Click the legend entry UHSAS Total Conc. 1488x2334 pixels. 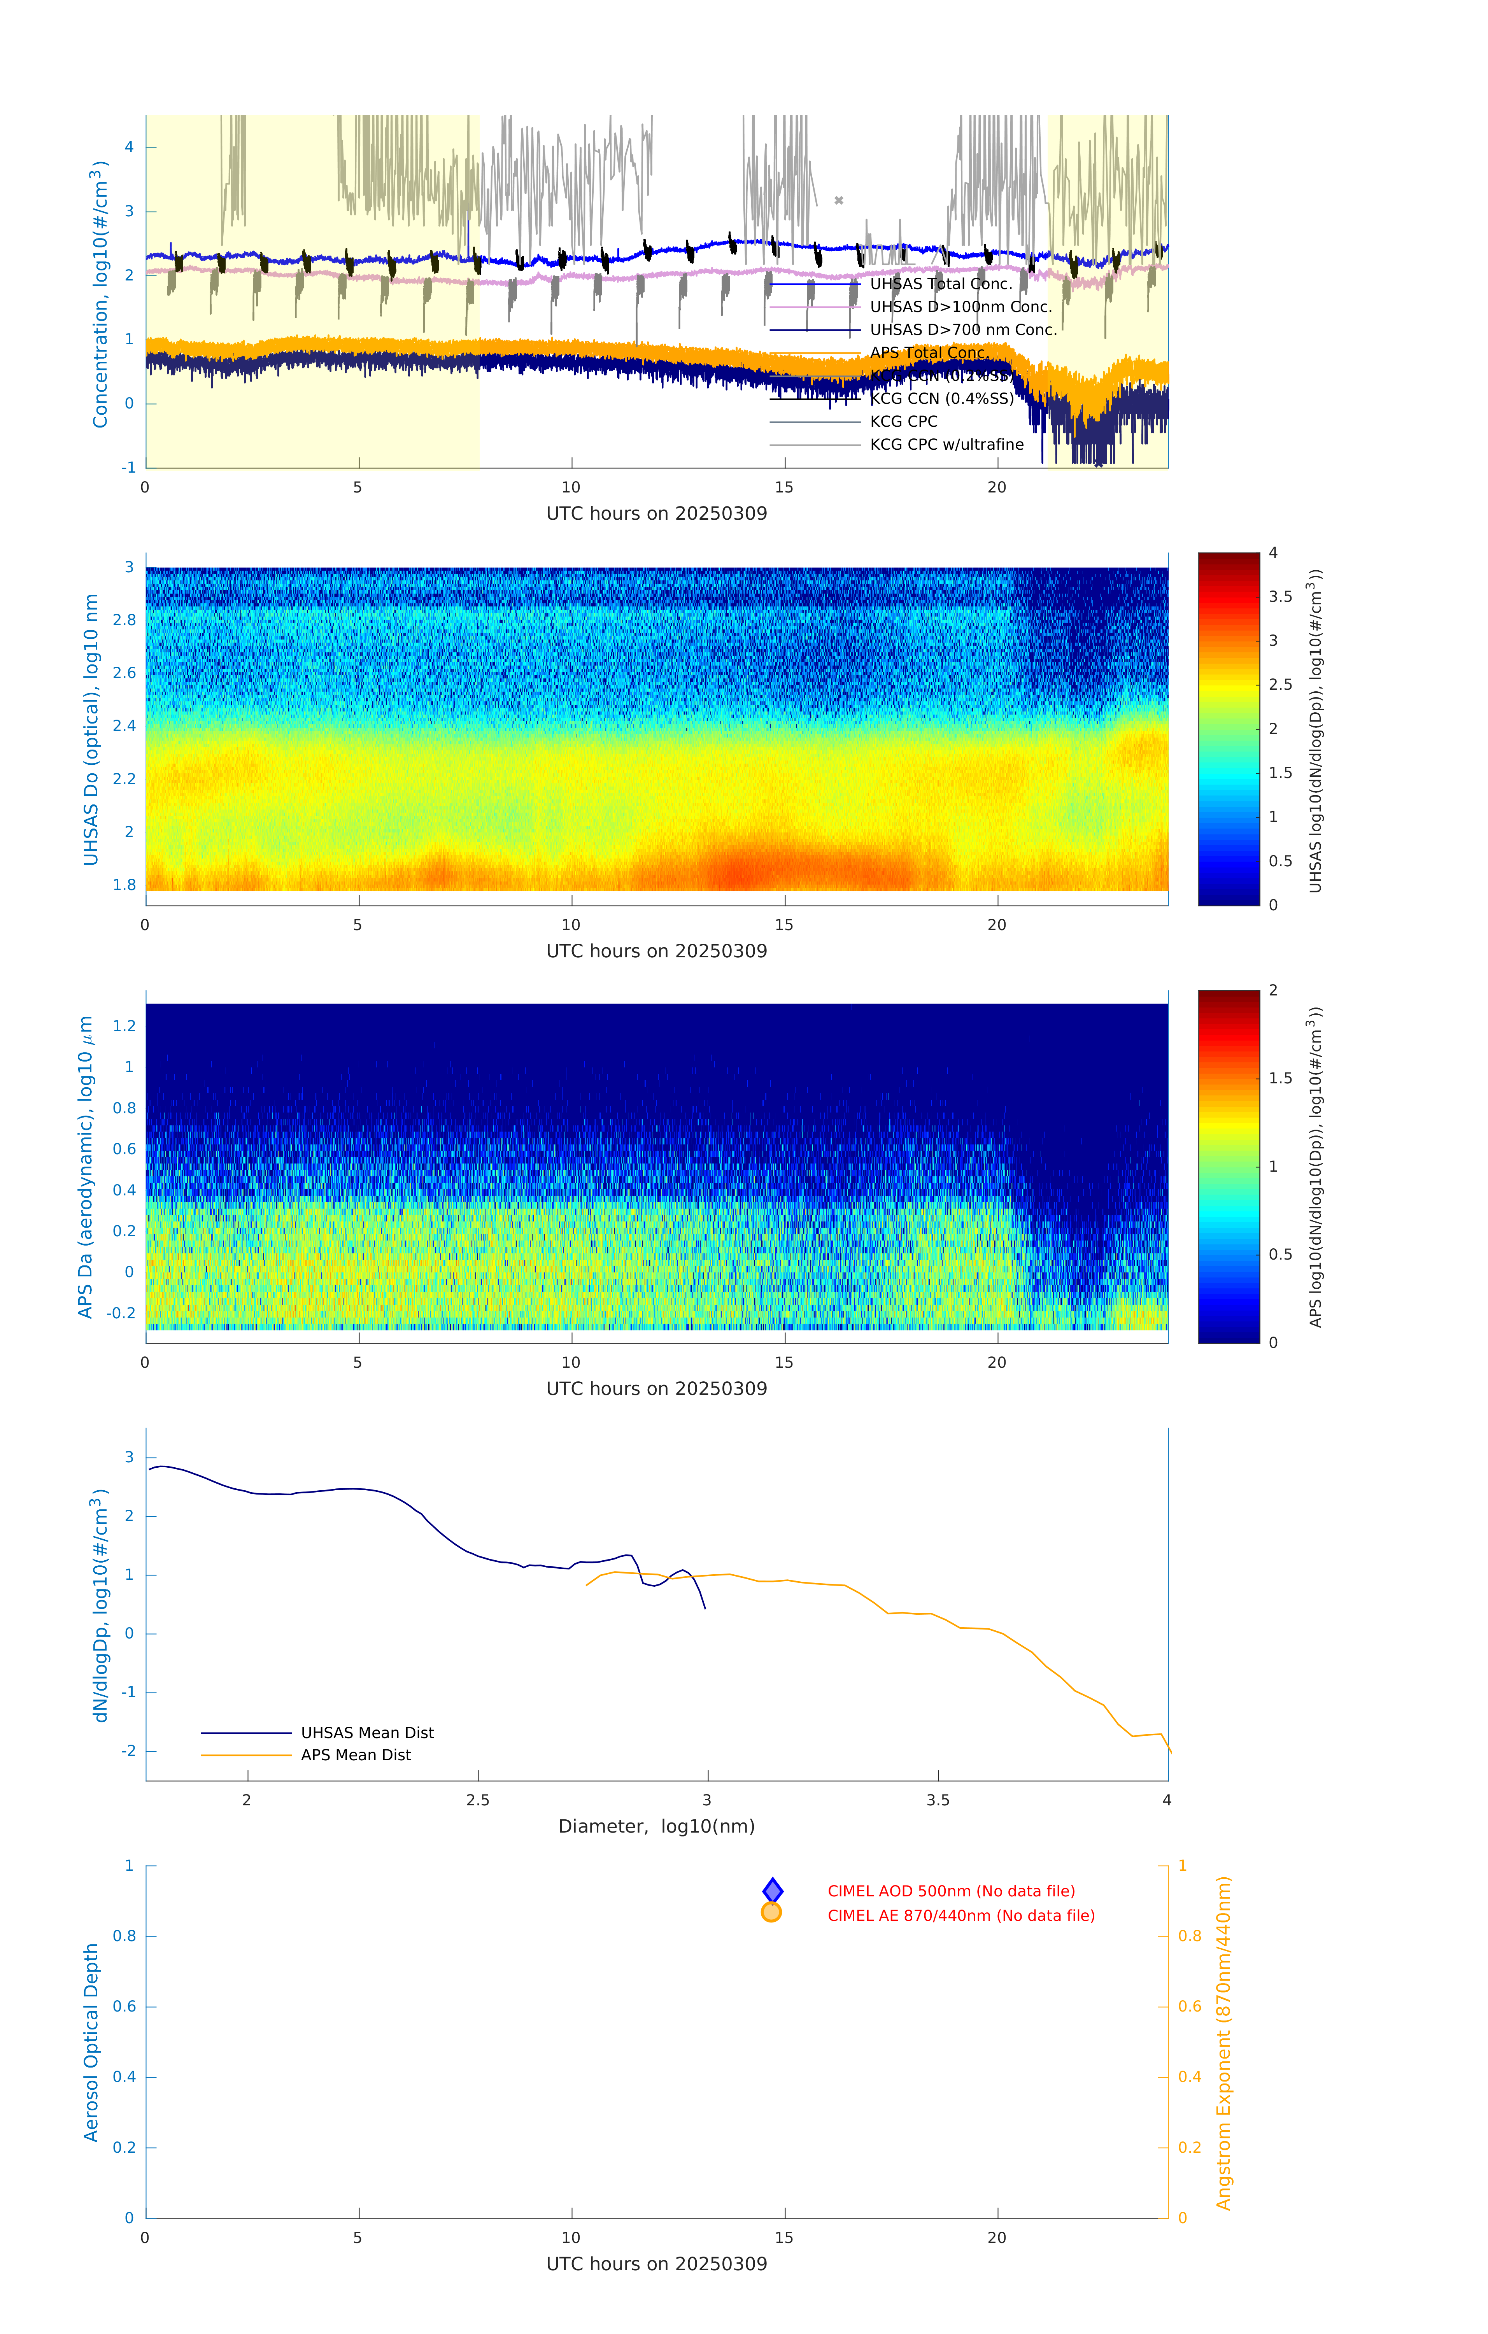pyautogui.click(x=940, y=284)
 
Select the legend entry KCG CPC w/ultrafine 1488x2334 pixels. pyautogui.click(x=946, y=445)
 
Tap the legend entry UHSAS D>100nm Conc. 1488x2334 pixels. pyautogui.click(x=960, y=307)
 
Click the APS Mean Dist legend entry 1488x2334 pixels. pyautogui.click(x=355, y=1755)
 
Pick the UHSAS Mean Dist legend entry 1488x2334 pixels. pyautogui.click(x=366, y=1733)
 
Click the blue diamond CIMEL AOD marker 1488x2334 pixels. pyautogui.click(x=773, y=1891)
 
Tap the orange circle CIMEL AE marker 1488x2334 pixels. pyautogui.click(x=772, y=1912)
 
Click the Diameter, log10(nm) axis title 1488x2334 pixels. pyautogui.click(x=656, y=1827)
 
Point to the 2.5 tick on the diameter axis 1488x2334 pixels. pyautogui.click(x=478, y=1801)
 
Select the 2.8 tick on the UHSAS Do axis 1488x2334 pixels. pyautogui.click(x=124, y=620)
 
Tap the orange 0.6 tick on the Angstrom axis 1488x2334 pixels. pyautogui.click(x=1190, y=2006)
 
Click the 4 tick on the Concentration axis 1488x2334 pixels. pyautogui.click(x=129, y=147)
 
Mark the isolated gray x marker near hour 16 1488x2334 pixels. pyautogui.click(x=840, y=201)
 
